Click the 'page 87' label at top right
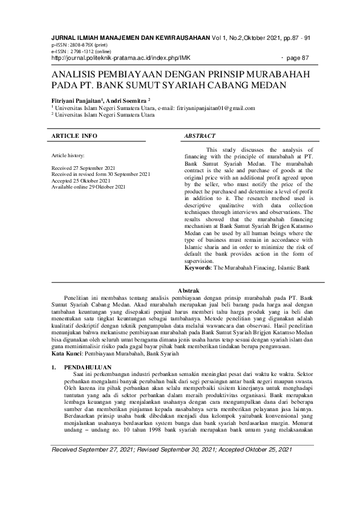click(296, 58)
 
